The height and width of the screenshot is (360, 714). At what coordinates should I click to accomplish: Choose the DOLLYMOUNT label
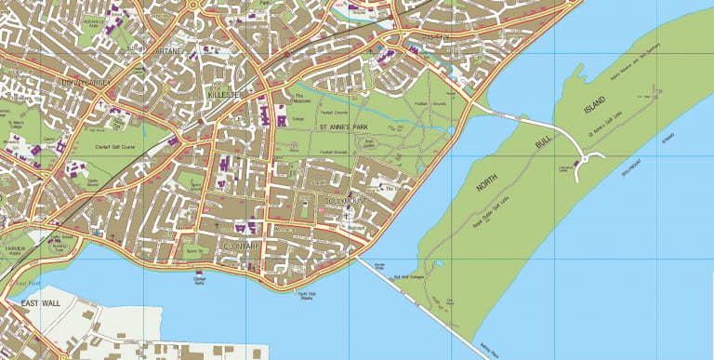[345, 200]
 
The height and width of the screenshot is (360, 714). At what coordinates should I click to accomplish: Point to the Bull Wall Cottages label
[410, 276]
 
